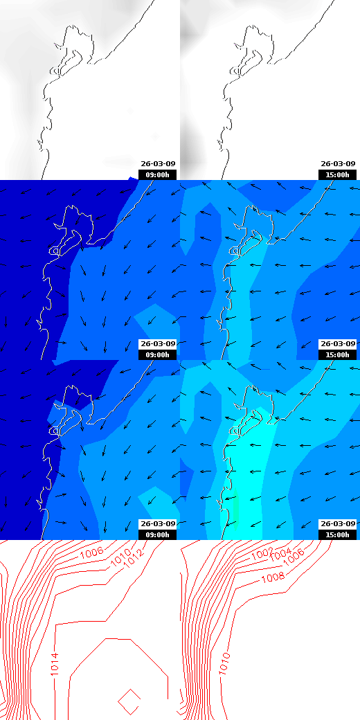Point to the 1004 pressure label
coord(280,555)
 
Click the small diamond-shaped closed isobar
coord(129,701)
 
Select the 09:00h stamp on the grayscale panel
coord(157,175)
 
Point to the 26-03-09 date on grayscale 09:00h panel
coord(158,164)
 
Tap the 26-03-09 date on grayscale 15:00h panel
coord(338,164)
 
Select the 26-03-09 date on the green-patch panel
coord(338,523)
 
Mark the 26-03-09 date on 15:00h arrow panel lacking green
coord(338,344)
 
